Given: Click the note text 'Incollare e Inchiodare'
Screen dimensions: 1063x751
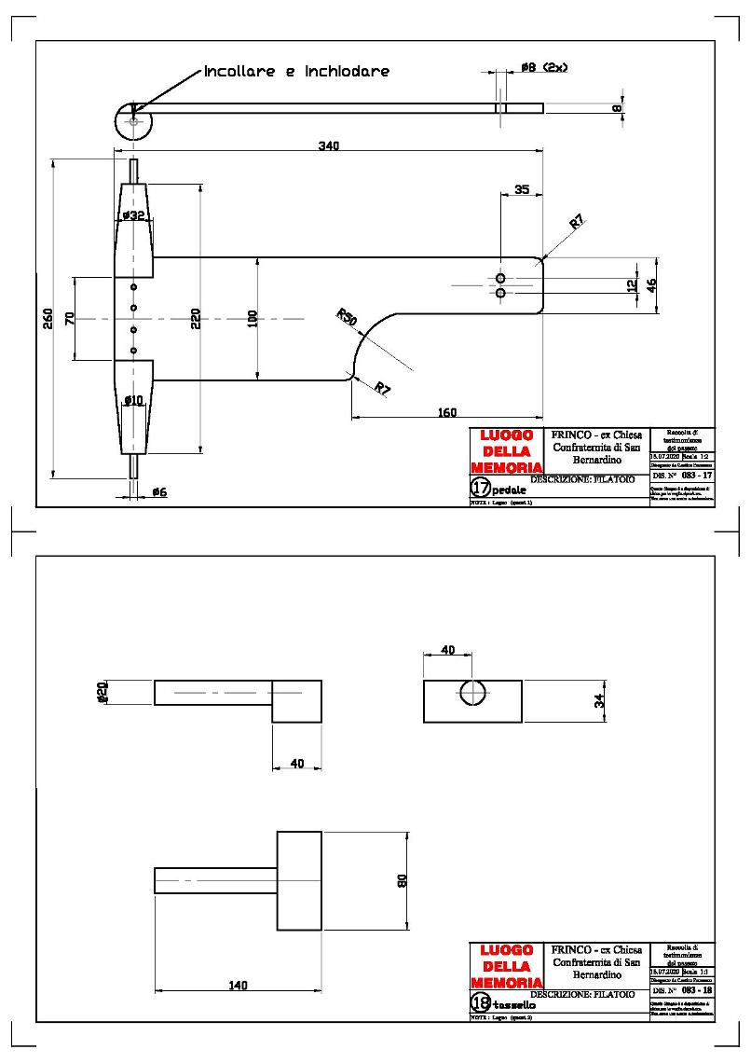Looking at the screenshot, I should click(296, 71).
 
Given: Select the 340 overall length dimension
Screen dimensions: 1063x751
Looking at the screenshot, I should click(328, 145).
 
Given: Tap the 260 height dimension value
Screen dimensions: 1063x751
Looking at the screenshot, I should click(48, 318).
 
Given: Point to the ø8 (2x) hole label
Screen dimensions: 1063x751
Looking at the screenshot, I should click(545, 67).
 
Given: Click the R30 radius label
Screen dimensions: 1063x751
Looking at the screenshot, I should click(348, 318).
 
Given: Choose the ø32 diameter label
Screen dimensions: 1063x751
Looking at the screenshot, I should click(134, 216).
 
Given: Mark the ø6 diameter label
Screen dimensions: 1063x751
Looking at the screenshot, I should click(158, 491).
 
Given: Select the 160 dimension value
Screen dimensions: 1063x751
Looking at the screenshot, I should click(447, 412).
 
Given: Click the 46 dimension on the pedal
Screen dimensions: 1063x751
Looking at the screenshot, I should click(652, 286).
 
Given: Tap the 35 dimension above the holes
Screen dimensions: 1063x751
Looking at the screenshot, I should click(522, 189).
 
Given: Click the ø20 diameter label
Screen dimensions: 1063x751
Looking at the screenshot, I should click(102, 693).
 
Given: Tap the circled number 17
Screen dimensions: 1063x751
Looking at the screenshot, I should click(481, 488).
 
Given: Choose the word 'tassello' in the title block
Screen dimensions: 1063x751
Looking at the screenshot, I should click(514, 1005).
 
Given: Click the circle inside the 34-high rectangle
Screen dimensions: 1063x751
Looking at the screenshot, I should click(472, 693).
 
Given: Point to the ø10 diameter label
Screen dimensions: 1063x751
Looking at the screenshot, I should click(134, 400).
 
